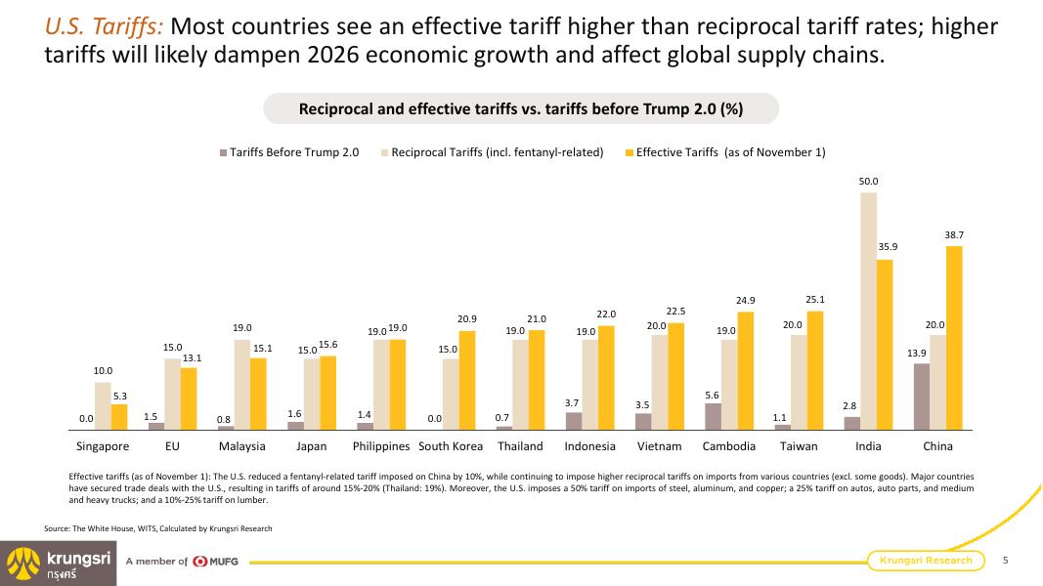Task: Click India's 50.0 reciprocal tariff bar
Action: [868, 311]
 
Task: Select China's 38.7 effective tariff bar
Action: [954, 337]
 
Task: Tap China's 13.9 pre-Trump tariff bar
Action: [922, 397]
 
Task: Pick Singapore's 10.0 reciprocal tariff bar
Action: [103, 405]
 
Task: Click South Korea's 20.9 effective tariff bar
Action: [467, 380]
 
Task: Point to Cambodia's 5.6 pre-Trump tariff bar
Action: [713, 416]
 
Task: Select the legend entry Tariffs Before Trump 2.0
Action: [288, 152]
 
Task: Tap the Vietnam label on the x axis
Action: [660, 446]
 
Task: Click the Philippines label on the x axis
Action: [381, 446]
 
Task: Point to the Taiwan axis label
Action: [799, 446]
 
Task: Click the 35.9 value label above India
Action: [885, 247]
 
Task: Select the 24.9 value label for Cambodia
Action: [745, 300]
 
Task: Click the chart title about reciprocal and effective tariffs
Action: [521, 108]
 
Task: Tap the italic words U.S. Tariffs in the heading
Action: [104, 26]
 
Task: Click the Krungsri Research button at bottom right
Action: [926, 560]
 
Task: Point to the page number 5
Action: [1005, 560]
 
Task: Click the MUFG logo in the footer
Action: [216, 562]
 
